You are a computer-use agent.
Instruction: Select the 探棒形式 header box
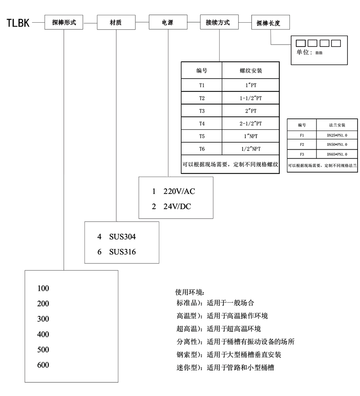tap(64, 23)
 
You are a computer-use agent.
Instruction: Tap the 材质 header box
tap(116, 23)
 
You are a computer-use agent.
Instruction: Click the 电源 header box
tap(167, 23)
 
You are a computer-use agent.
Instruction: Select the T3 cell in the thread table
tap(202, 110)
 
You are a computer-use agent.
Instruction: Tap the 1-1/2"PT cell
tap(251, 97)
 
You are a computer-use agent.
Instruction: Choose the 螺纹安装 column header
tap(251, 71)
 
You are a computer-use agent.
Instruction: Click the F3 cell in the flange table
tap(302, 154)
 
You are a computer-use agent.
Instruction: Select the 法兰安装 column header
tap(337, 125)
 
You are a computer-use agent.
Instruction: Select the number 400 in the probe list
tap(43, 334)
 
